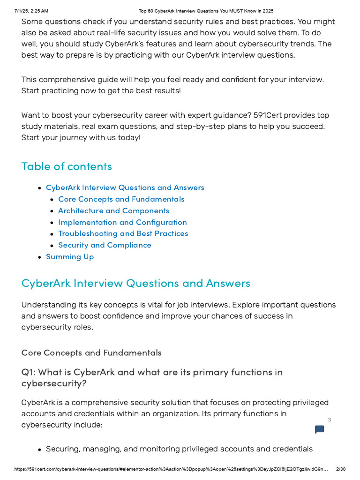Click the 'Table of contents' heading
click(67, 166)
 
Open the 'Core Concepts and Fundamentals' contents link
click(121, 199)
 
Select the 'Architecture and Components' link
click(113, 211)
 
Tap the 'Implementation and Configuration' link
click(122, 222)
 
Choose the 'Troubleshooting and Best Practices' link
click(123, 233)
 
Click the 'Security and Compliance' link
click(105, 245)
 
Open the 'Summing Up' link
click(70, 257)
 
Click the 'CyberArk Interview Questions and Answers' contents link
click(125, 187)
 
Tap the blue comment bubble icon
click(319, 429)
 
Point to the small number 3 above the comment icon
click(330, 420)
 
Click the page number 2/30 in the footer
click(341, 469)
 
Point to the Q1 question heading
click(152, 377)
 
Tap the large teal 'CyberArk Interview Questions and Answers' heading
click(136, 283)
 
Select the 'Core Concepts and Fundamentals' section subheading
click(91, 352)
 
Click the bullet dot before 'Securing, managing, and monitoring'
click(39, 450)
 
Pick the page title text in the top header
click(206, 11)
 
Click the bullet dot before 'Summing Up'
click(39, 257)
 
